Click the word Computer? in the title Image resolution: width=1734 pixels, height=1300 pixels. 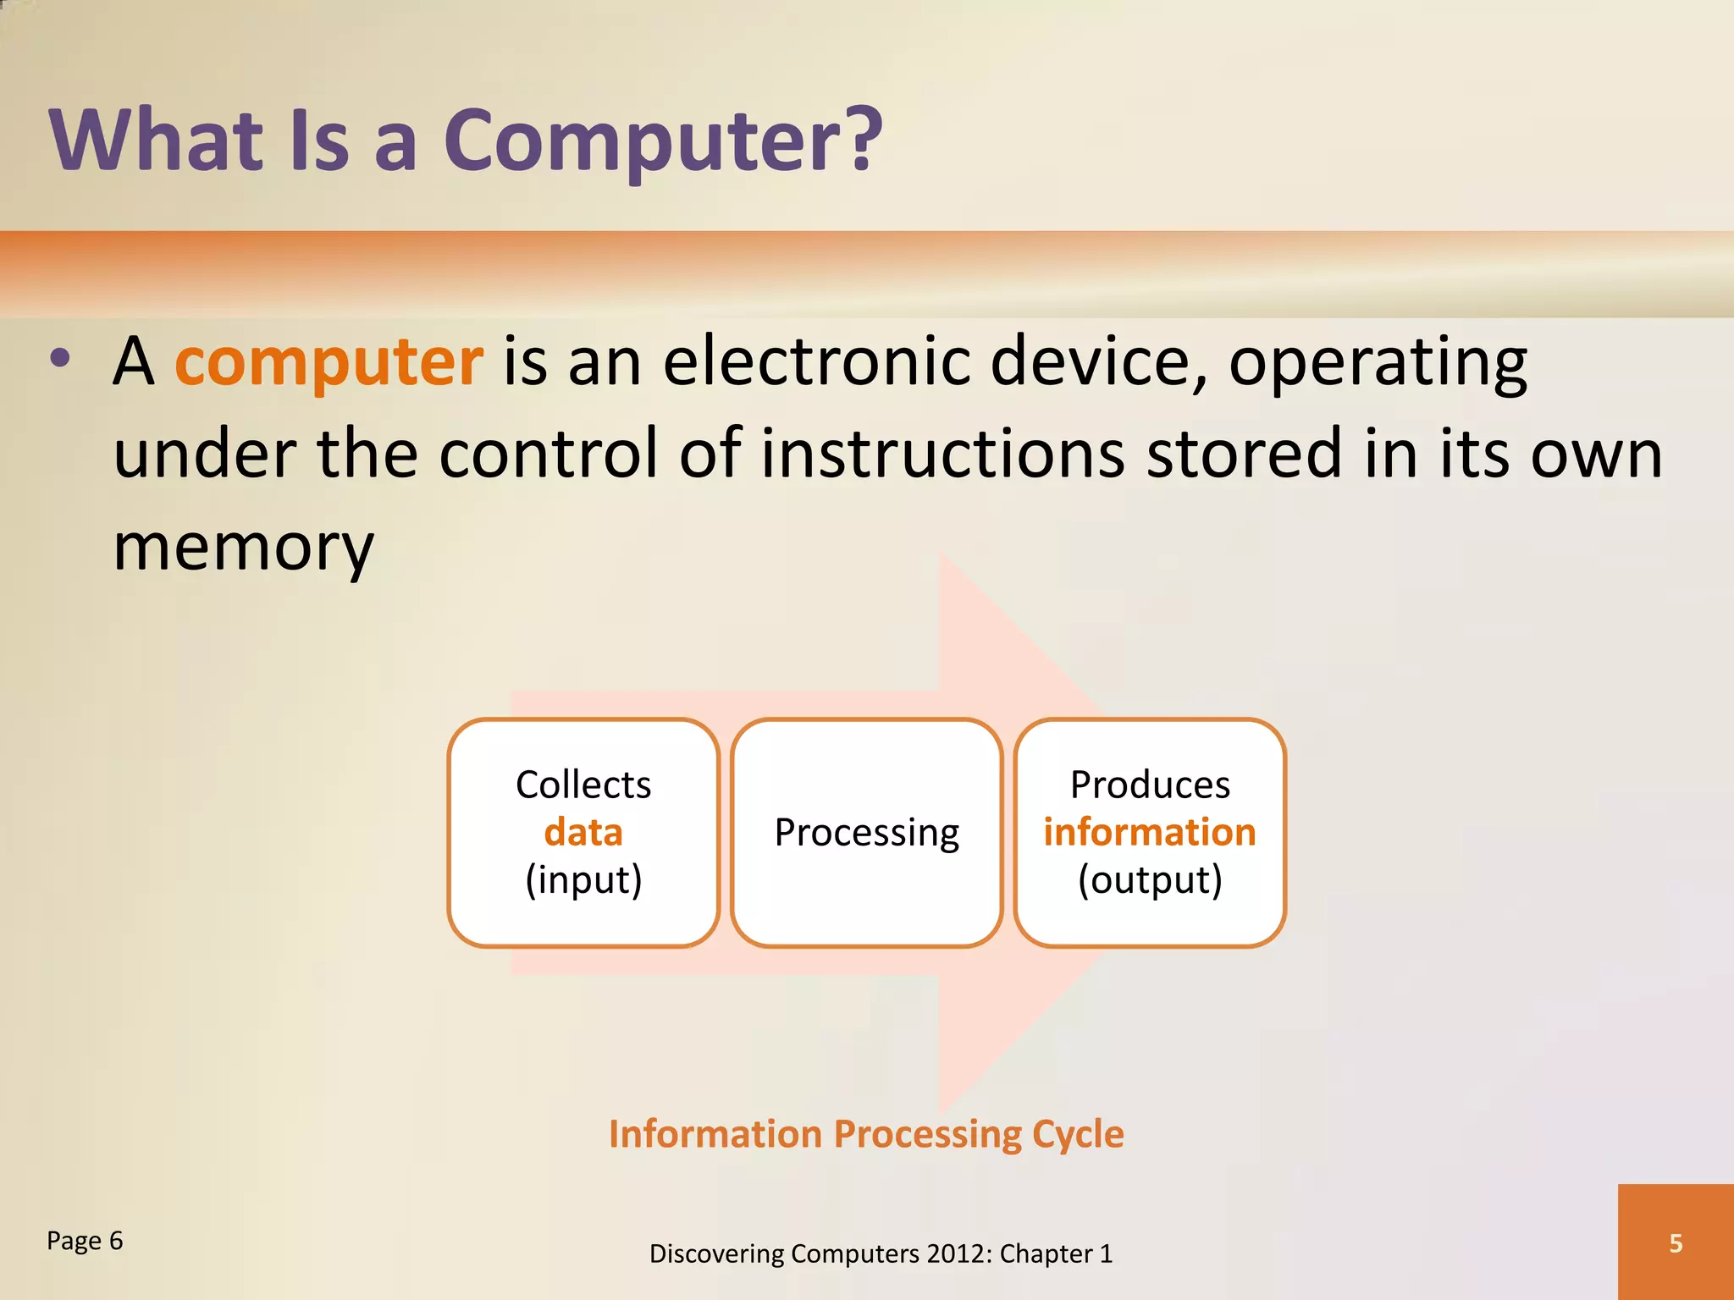662,140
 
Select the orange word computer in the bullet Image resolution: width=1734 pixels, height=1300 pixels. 329,362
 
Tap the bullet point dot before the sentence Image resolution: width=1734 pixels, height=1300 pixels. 60,358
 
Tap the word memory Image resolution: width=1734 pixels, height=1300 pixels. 243,548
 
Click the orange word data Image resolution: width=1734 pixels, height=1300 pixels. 583,832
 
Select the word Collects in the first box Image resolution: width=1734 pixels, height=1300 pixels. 583,785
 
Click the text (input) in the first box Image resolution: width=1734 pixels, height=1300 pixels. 583,880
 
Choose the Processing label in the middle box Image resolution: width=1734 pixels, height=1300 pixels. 867,833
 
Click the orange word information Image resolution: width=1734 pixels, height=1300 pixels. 1149,832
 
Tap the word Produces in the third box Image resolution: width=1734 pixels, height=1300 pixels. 1149,785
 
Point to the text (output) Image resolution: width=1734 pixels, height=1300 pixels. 1149,880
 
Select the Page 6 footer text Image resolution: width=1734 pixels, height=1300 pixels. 85,1241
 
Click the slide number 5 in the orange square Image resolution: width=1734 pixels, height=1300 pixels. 1675,1243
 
